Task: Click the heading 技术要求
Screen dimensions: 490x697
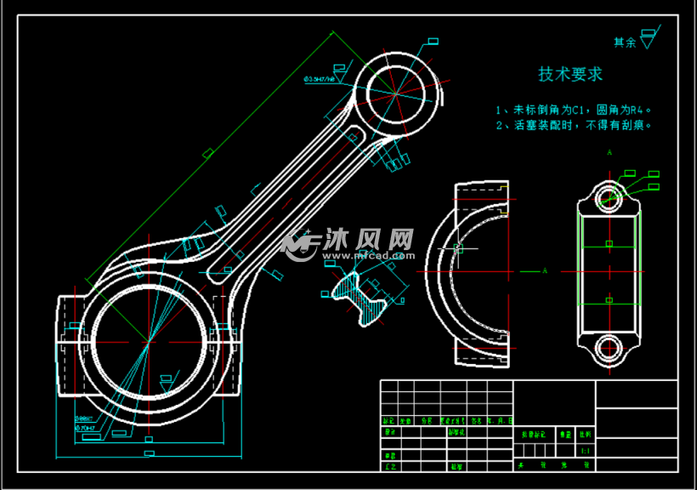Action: pyautogui.click(x=570, y=75)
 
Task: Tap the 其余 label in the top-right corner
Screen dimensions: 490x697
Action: pyautogui.click(x=625, y=42)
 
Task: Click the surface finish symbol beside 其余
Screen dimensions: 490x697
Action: pyautogui.click(x=650, y=37)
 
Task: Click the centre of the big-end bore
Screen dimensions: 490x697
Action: pyautogui.click(x=149, y=342)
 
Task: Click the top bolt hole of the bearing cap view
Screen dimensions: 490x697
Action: pyautogui.click(x=609, y=198)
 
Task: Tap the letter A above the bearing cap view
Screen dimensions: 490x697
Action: pyautogui.click(x=609, y=153)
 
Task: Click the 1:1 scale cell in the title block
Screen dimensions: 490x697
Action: pyautogui.click(x=585, y=450)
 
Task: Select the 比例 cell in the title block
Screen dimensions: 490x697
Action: pyautogui.click(x=585, y=434)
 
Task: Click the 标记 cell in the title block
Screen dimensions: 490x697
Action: pyautogui.click(x=389, y=420)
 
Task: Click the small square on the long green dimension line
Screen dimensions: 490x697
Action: pyautogui.click(x=207, y=154)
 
